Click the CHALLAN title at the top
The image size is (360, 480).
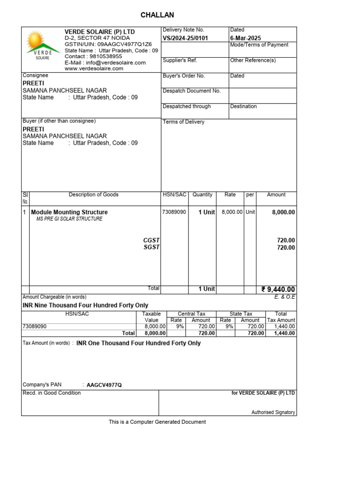(x=157, y=15)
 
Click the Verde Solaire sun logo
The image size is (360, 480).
(x=43, y=45)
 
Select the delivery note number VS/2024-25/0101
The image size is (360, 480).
(x=185, y=38)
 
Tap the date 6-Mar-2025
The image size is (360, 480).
(x=246, y=38)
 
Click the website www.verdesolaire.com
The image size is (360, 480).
(x=94, y=68)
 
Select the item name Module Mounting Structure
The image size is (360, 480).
(x=69, y=212)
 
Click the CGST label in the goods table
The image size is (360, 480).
(x=151, y=240)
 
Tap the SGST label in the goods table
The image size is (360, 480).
(x=151, y=247)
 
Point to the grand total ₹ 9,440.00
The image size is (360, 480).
(x=278, y=290)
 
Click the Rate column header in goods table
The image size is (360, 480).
(x=230, y=195)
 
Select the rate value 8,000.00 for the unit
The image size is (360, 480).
(x=232, y=212)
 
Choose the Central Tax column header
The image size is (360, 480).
(x=191, y=314)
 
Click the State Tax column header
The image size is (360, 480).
(x=241, y=314)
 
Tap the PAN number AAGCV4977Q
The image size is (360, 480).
(x=104, y=385)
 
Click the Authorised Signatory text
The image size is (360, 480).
(x=273, y=412)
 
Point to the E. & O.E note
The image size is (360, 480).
(x=285, y=297)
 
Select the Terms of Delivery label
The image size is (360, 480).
(x=184, y=122)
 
